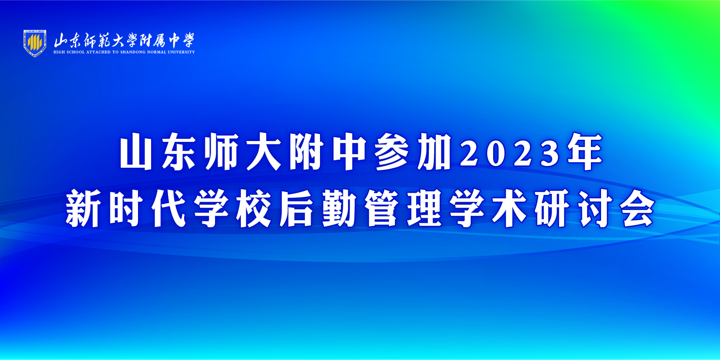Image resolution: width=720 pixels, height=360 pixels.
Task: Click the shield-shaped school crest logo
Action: pos(35,43)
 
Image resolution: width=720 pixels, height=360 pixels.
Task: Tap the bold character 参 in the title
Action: pos(392,152)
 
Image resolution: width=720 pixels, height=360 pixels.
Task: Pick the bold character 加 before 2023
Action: pos(434,152)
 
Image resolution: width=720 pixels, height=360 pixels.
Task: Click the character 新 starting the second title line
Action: pos(83,208)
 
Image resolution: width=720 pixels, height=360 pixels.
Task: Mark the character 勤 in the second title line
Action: pos(339,208)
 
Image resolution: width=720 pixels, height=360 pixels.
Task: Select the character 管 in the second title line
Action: pos(381,208)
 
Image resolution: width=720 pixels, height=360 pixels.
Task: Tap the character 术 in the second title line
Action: pos(510,208)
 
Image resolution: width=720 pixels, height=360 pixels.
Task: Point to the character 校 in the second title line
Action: pos(253,208)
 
